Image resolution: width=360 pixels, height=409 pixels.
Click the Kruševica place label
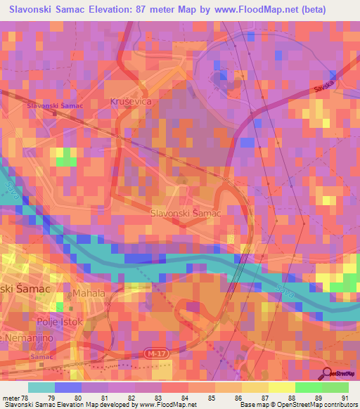click(x=131, y=102)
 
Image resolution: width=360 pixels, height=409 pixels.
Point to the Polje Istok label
click(x=60, y=322)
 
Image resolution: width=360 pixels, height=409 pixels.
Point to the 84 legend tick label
click(x=184, y=397)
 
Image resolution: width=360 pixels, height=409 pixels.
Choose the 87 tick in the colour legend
click(x=264, y=397)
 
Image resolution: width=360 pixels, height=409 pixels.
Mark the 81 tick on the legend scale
click(x=104, y=397)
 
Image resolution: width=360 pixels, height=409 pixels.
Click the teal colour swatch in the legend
click(x=41, y=387)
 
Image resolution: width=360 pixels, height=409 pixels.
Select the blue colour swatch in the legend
click(x=68, y=387)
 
